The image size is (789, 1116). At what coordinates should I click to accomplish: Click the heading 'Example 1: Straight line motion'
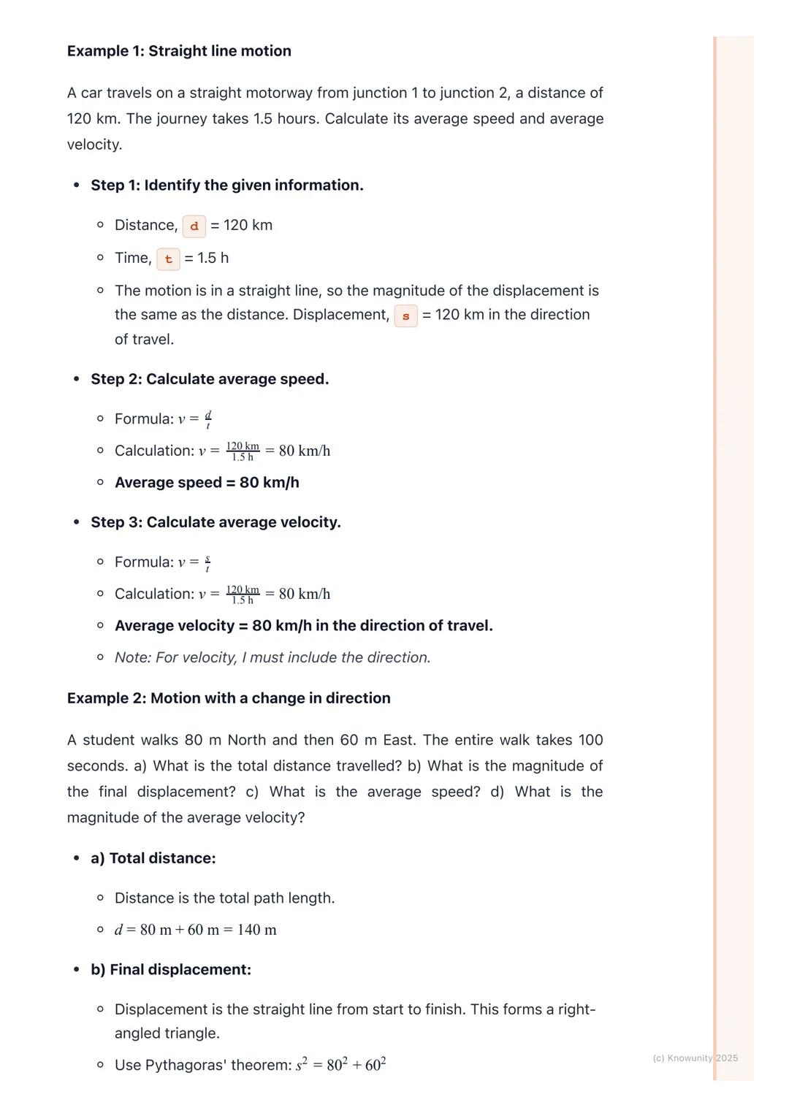(179, 51)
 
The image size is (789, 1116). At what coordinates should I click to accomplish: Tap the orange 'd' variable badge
(194, 226)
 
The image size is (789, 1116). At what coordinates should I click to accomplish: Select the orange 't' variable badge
(168, 259)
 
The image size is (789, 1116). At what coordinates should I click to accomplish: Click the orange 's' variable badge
(405, 316)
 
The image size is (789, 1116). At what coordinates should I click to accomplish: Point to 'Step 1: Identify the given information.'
(226, 186)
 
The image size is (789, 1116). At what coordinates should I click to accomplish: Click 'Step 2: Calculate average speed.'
(210, 379)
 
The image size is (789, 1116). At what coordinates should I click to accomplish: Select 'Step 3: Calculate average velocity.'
(216, 522)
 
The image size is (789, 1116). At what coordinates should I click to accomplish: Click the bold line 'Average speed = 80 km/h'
(207, 483)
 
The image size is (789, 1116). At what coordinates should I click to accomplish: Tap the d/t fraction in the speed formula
(208, 419)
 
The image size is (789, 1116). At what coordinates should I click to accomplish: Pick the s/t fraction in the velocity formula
(207, 562)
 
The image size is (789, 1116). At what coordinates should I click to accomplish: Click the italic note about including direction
(272, 657)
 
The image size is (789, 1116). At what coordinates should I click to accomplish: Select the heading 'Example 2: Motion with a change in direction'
(229, 698)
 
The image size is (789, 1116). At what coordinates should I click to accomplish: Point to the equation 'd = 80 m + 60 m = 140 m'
(195, 930)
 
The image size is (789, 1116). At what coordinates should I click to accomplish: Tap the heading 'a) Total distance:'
(153, 858)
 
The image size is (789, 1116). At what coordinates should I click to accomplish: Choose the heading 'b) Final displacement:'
(171, 970)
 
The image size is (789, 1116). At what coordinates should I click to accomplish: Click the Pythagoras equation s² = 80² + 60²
(340, 1065)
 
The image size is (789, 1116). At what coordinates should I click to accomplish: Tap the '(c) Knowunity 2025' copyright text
(695, 1058)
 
